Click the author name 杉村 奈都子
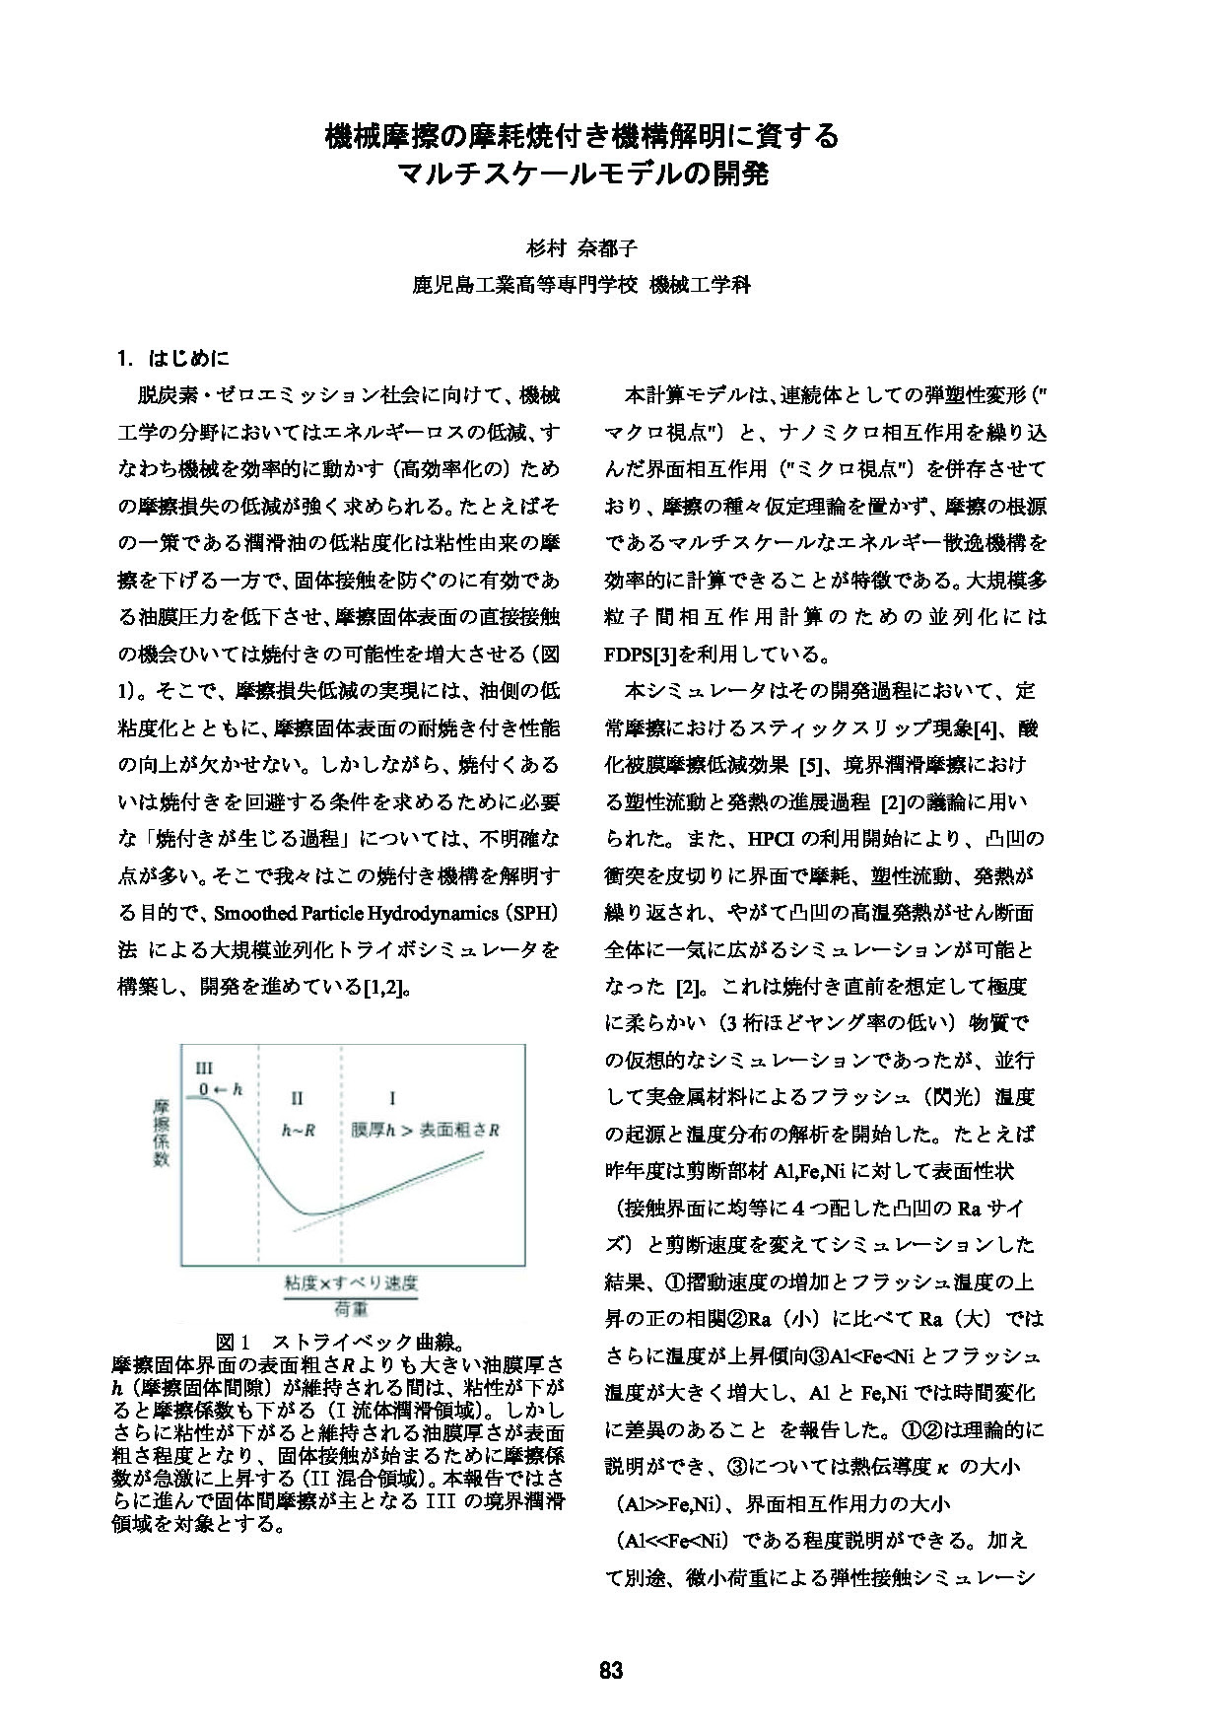pyautogui.click(x=580, y=246)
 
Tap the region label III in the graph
pyautogui.click(x=205, y=1068)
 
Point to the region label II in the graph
pyautogui.click(x=298, y=1098)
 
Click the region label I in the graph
pyautogui.click(x=394, y=1098)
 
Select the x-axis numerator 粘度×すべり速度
pyautogui.click(x=351, y=1283)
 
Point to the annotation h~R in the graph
pyautogui.click(x=298, y=1131)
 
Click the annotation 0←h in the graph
pyautogui.click(x=221, y=1089)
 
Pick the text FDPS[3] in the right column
pyautogui.click(x=643, y=655)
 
